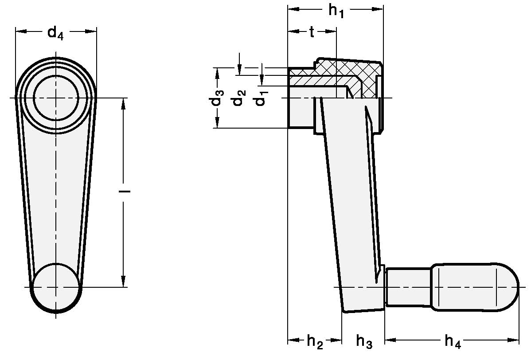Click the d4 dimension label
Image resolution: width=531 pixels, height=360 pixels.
pos(56,33)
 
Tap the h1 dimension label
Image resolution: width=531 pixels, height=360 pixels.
pos(336,11)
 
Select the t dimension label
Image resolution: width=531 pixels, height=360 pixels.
pos(312,32)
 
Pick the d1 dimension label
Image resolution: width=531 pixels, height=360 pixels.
pos(260,98)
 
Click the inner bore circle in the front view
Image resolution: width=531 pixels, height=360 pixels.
pos(56,98)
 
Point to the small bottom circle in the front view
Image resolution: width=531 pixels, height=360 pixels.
pos(56,287)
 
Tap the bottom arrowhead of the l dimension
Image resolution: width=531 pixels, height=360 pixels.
pos(124,282)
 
